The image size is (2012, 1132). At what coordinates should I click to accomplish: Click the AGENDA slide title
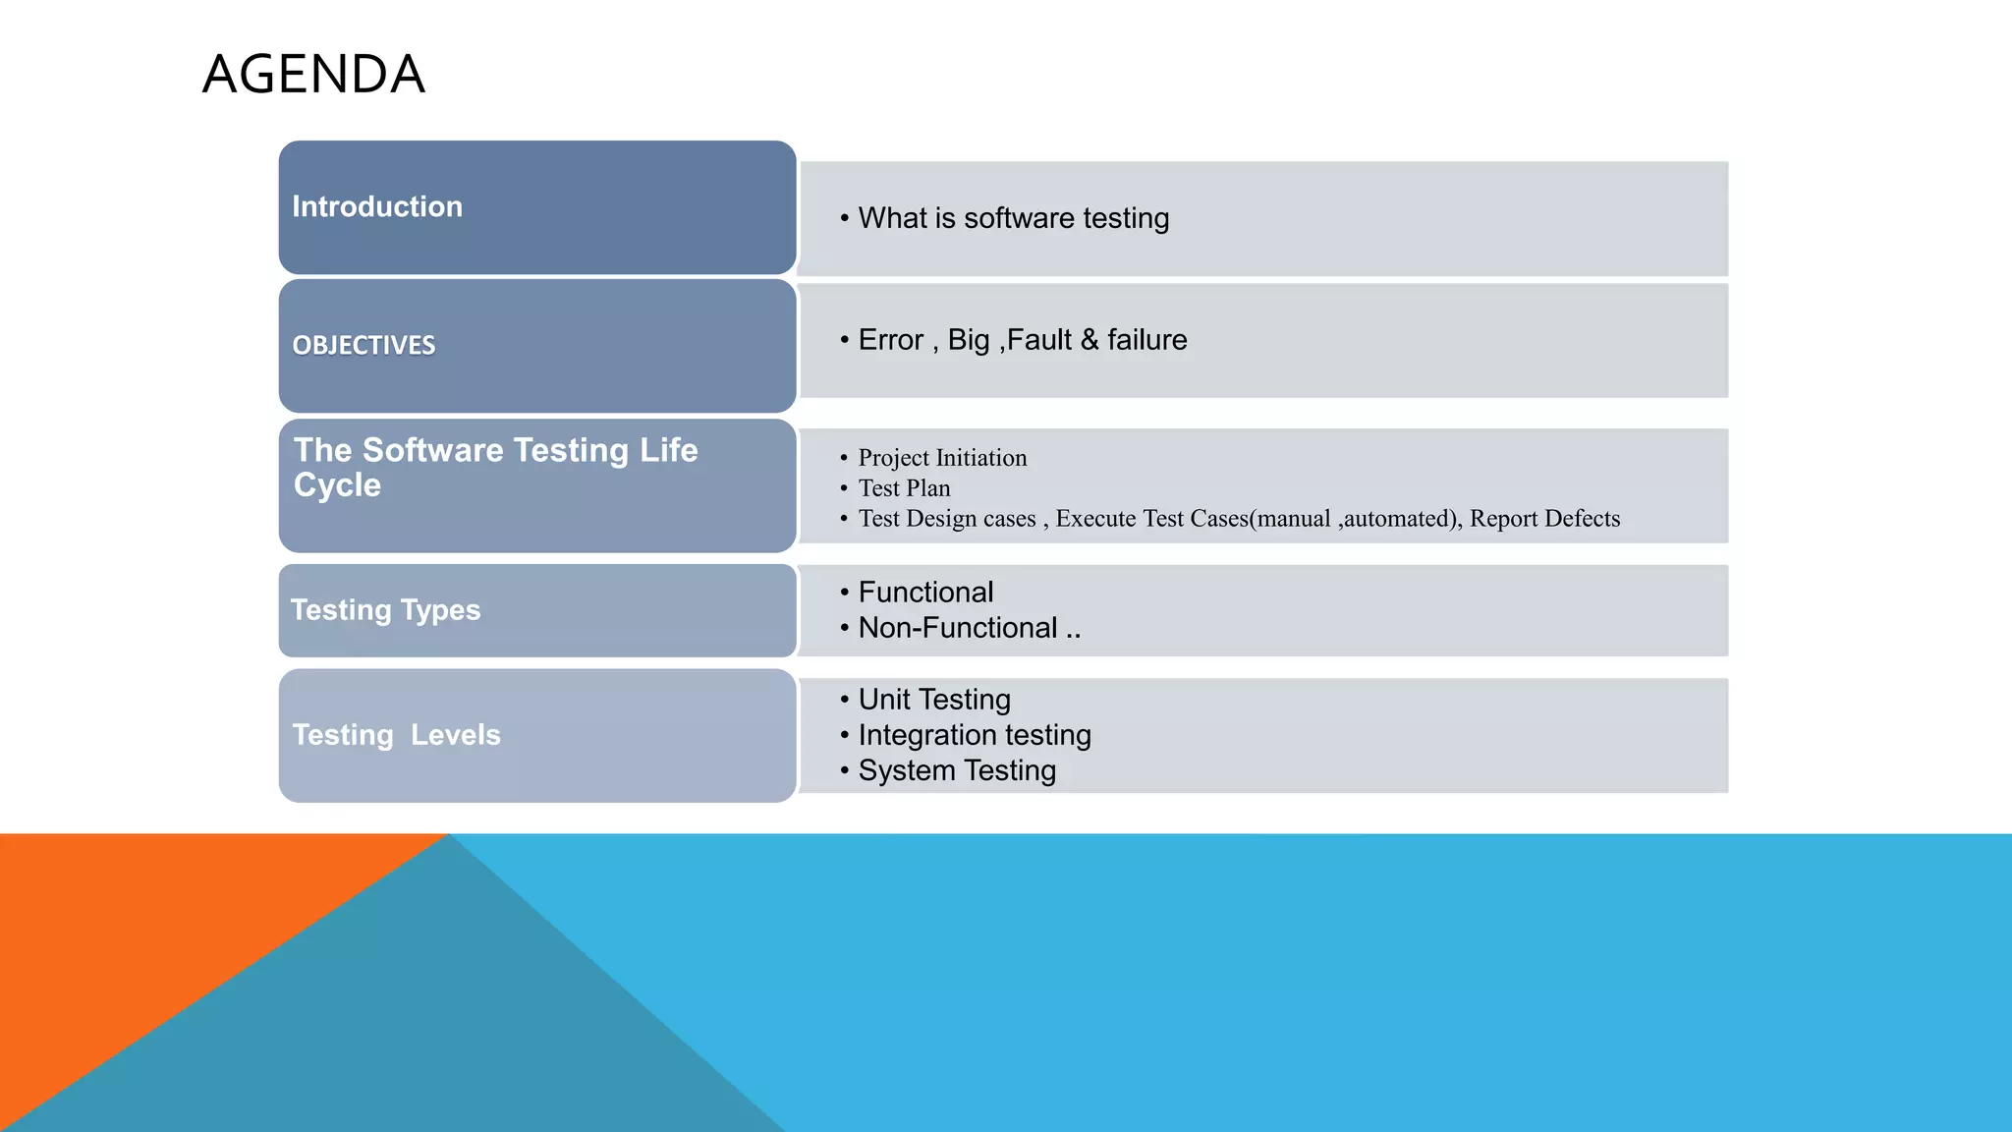pos(313,75)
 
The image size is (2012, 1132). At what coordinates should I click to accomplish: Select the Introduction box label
pos(377,206)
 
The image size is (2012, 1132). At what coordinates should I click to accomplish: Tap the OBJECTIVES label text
pos(363,345)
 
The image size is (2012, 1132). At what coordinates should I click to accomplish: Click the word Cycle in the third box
pos(337,485)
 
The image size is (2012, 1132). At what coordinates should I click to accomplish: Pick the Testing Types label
pos(385,610)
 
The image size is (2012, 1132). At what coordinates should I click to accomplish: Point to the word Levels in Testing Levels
pos(455,735)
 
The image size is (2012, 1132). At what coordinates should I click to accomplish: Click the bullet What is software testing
pos(1013,218)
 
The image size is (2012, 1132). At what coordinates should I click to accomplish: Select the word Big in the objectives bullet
pos(968,340)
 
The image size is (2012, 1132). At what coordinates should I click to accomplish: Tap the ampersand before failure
pos(1090,340)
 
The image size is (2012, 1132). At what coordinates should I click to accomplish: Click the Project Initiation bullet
pos(942,458)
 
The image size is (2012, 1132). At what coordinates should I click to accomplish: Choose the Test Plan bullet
pos(904,488)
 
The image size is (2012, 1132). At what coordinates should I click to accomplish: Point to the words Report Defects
pos(1544,519)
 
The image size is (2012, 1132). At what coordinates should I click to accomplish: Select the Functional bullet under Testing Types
pos(925,593)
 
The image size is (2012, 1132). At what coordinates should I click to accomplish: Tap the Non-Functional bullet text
pos(958,628)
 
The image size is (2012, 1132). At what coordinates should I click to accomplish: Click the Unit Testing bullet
pos(933,700)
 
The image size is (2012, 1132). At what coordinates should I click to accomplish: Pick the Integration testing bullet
pos(974,735)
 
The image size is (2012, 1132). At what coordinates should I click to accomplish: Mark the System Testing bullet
pos(957,770)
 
